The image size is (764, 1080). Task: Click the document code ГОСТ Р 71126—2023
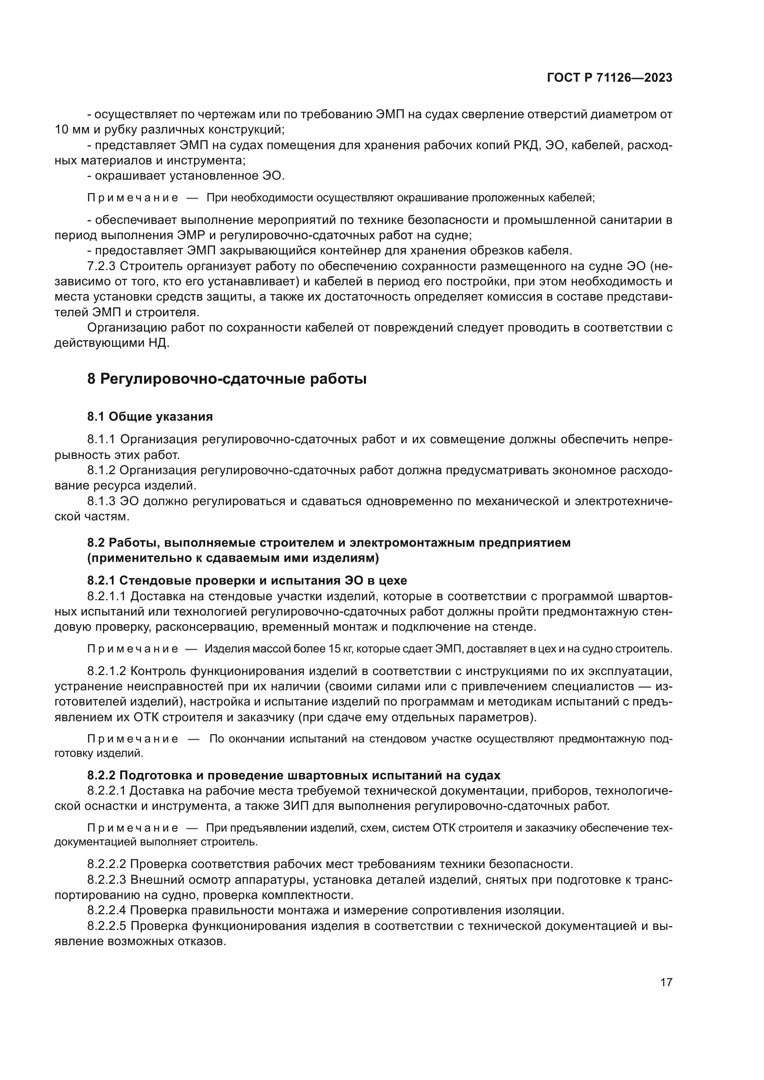click(610, 78)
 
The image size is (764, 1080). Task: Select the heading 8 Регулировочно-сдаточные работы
click(227, 379)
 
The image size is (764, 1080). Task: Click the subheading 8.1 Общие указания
click(150, 417)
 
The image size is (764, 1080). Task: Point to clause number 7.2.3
click(101, 266)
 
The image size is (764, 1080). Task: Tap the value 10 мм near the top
click(69, 129)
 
